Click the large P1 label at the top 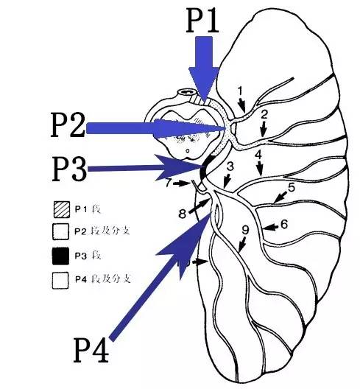202,21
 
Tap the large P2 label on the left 68,125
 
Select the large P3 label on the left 70,169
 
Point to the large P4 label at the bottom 91,351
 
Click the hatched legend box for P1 62,210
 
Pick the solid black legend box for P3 60,256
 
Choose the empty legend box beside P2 60,232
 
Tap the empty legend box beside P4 60,281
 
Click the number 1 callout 240,91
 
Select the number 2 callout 264,115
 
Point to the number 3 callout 230,167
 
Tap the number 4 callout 258,155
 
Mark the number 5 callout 292,187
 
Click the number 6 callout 284,224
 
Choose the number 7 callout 169,183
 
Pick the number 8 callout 183,214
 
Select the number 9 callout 245,230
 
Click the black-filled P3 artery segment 205,168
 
